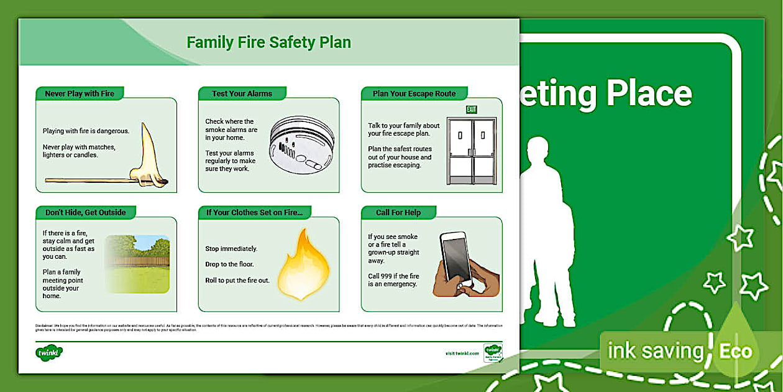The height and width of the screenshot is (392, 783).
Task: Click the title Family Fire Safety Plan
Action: tap(268, 42)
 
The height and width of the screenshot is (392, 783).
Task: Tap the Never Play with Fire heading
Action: tap(80, 93)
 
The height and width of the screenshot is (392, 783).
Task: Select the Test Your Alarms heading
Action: tap(242, 93)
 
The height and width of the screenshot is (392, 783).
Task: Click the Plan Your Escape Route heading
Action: tap(414, 93)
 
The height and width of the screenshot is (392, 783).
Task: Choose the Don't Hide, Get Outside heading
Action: tap(85, 212)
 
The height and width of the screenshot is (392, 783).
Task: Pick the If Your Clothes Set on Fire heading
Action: tap(254, 212)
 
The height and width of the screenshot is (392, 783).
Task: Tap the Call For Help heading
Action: tap(398, 212)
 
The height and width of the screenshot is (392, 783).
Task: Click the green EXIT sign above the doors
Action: tap(472, 110)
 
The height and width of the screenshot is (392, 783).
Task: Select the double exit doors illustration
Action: tap(471, 151)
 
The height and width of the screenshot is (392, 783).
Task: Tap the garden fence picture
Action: tap(137, 263)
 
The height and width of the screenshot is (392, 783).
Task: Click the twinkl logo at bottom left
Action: tap(49, 353)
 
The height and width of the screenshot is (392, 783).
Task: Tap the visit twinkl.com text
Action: tap(462, 353)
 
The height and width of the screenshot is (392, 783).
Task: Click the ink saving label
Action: tap(655, 351)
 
